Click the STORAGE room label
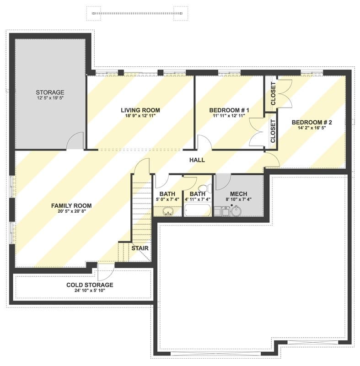click(x=50, y=92)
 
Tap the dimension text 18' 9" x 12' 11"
click(x=140, y=116)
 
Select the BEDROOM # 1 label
click(x=229, y=110)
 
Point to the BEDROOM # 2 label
click(x=312, y=122)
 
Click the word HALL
click(x=197, y=160)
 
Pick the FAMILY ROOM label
click(x=71, y=206)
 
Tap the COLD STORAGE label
click(x=90, y=285)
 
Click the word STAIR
click(x=140, y=248)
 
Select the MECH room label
click(x=239, y=194)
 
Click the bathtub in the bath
click(x=198, y=211)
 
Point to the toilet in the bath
click(x=204, y=188)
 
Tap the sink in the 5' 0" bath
click(x=167, y=211)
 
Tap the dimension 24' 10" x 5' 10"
click(x=90, y=291)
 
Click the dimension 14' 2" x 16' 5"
click(x=312, y=129)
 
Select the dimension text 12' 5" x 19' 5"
click(x=50, y=98)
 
